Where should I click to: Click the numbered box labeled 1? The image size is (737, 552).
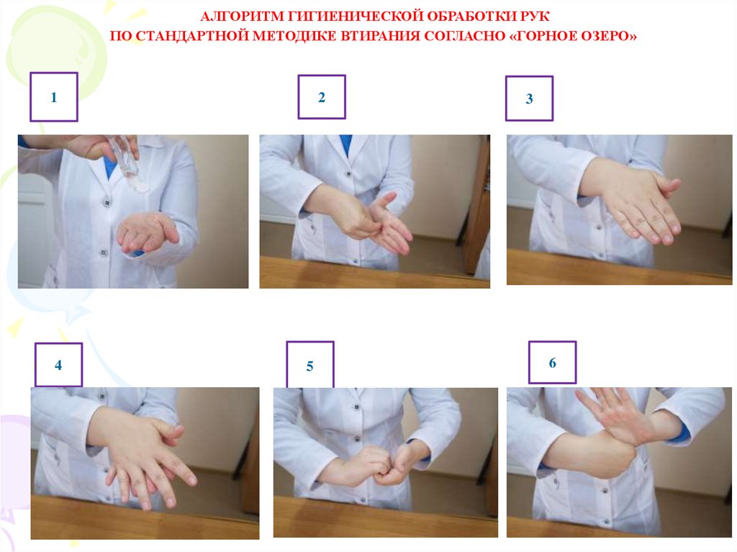coord(53,97)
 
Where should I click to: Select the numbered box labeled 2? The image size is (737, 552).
coord(322,97)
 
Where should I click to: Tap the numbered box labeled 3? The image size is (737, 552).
coord(529,99)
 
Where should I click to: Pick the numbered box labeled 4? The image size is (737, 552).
coord(58,365)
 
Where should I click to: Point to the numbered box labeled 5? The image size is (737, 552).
coord(309,365)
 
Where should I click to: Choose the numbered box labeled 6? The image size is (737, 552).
coord(552,363)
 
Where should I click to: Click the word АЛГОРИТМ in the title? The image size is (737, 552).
coord(242,17)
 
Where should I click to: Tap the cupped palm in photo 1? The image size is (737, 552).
coord(147,232)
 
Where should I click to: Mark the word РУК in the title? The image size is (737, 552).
coord(534,17)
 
